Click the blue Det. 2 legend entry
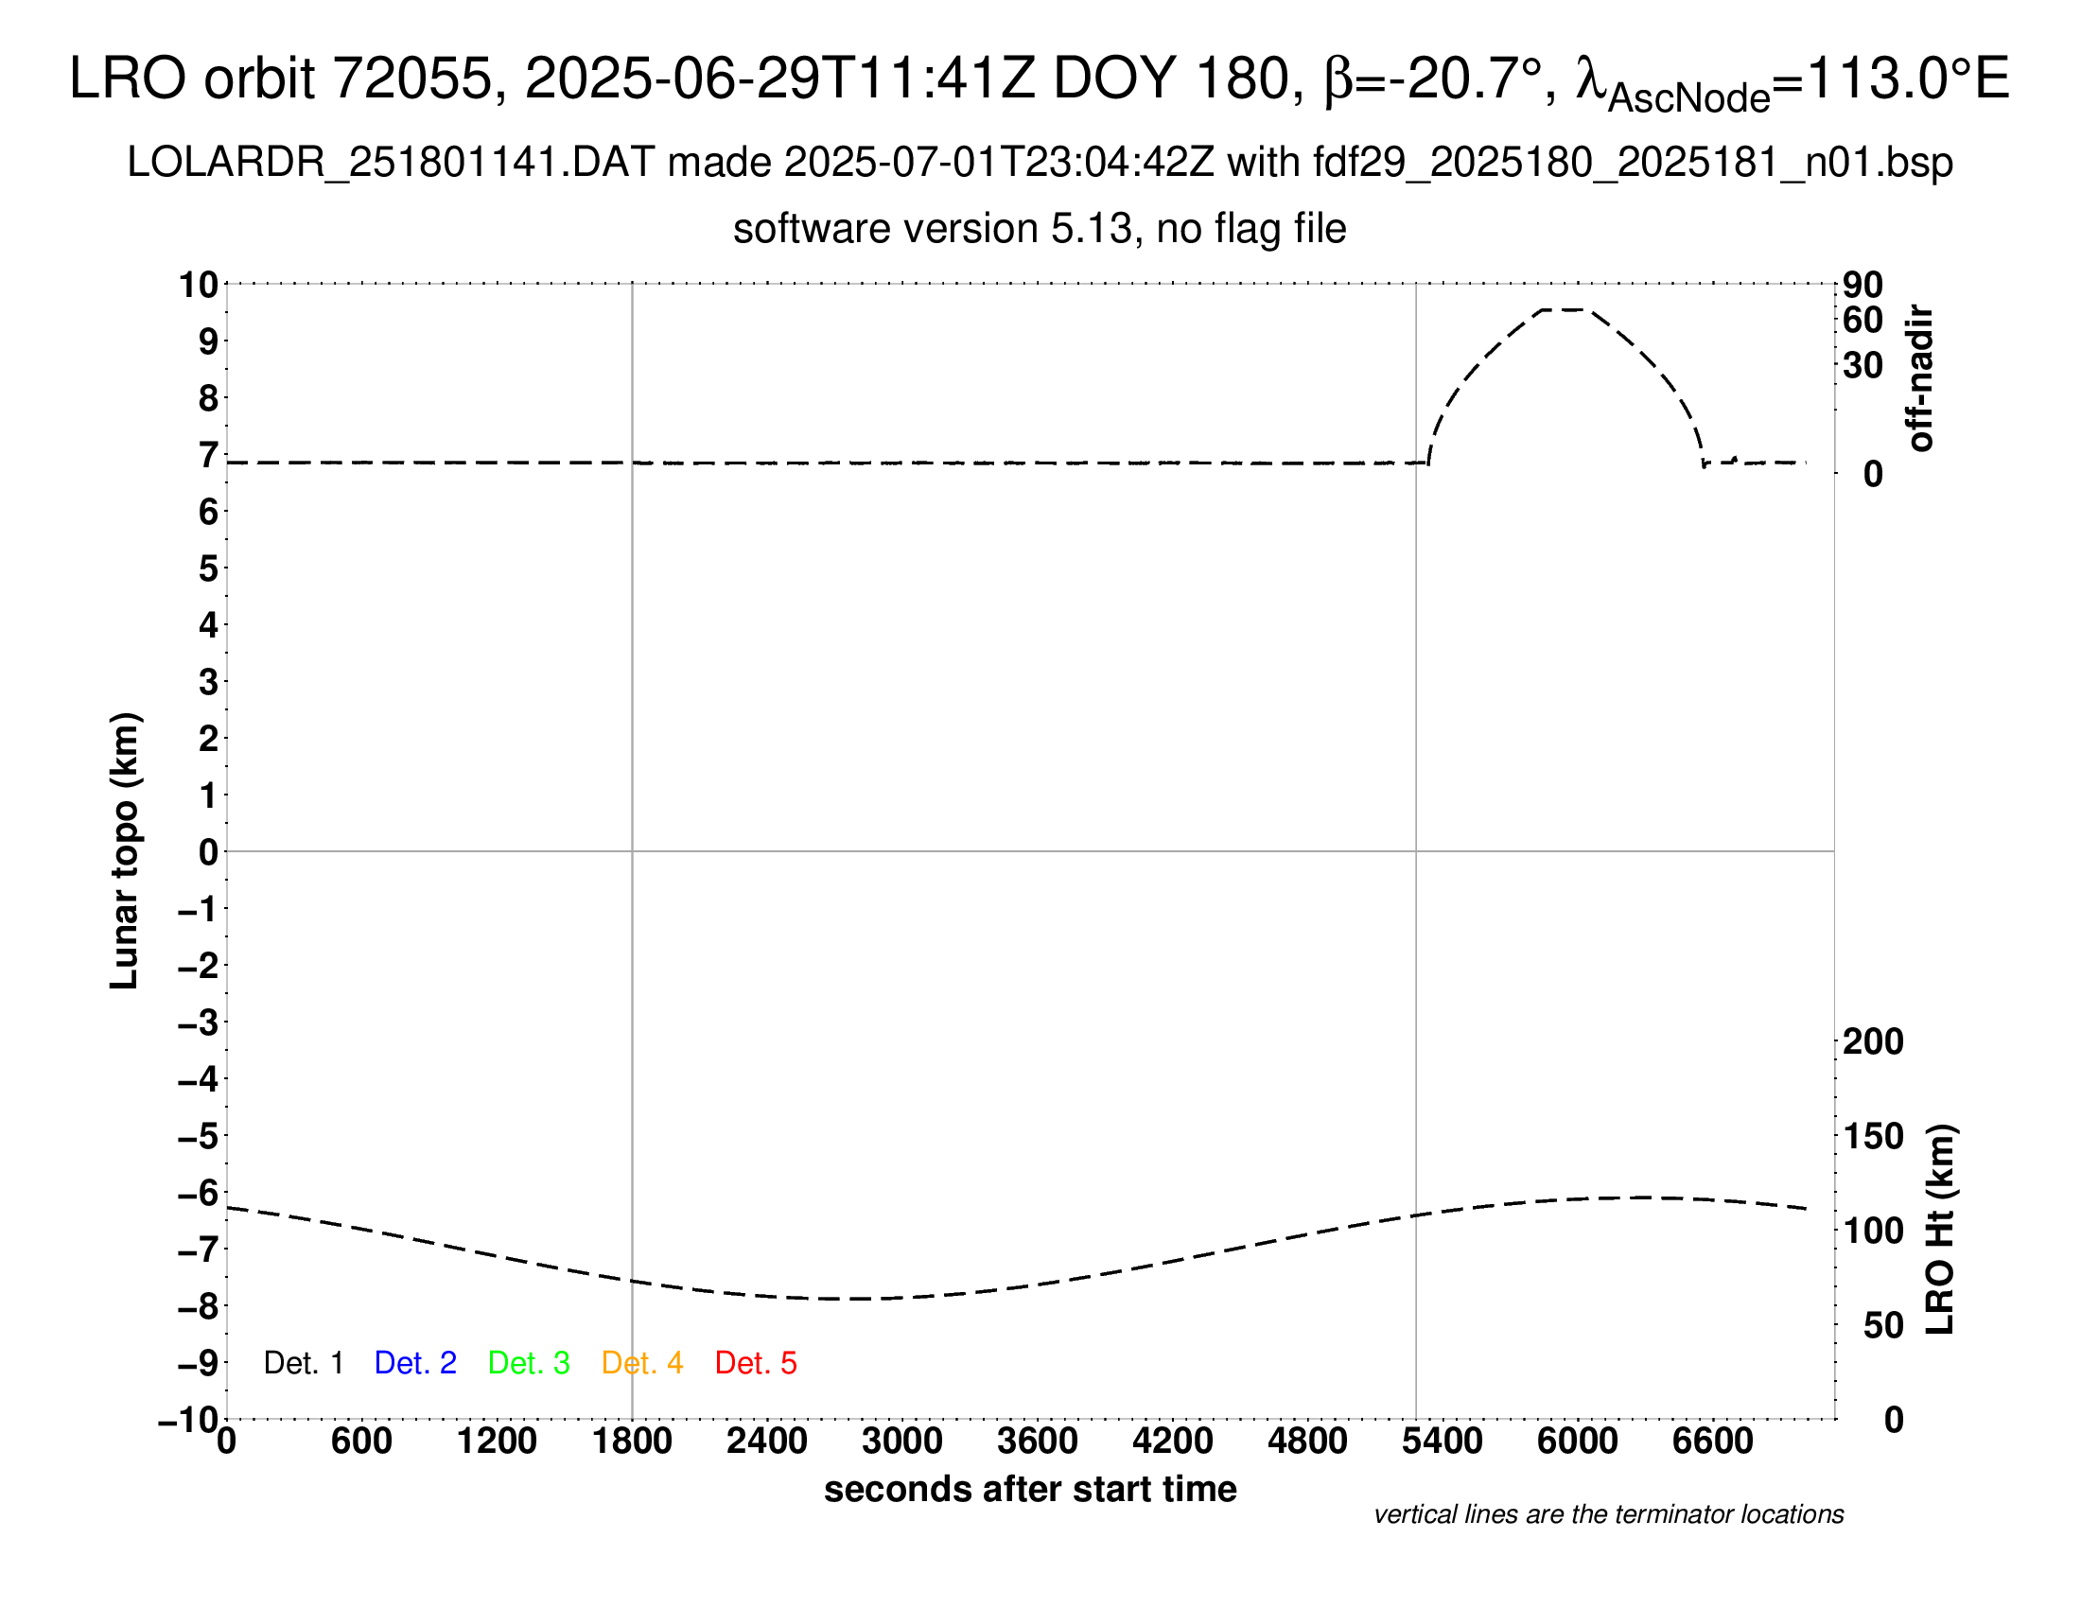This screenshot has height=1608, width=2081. point(415,1363)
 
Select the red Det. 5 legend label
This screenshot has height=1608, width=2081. point(756,1363)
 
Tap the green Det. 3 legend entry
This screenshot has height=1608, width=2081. point(529,1363)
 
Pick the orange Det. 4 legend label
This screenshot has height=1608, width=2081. point(642,1363)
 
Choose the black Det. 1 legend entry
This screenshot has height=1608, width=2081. point(303,1363)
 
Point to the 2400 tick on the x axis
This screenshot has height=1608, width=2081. point(767,1442)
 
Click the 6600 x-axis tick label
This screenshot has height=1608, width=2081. point(1712,1442)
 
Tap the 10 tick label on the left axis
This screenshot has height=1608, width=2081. point(200,285)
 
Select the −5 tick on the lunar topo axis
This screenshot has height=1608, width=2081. point(199,1136)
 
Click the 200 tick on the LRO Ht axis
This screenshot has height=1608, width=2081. point(1872,1041)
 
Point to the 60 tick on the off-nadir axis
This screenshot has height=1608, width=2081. point(1862,320)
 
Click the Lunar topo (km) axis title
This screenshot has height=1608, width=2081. point(125,850)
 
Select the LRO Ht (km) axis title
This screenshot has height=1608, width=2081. point(1940,1230)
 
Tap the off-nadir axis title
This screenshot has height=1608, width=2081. point(1921,378)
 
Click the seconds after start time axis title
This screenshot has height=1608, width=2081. point(1030,1489)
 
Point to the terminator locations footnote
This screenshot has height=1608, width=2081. point(1608,1514)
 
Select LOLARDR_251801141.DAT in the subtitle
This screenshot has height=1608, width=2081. point(391,163)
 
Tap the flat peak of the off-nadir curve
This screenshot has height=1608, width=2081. point(1563,309)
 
